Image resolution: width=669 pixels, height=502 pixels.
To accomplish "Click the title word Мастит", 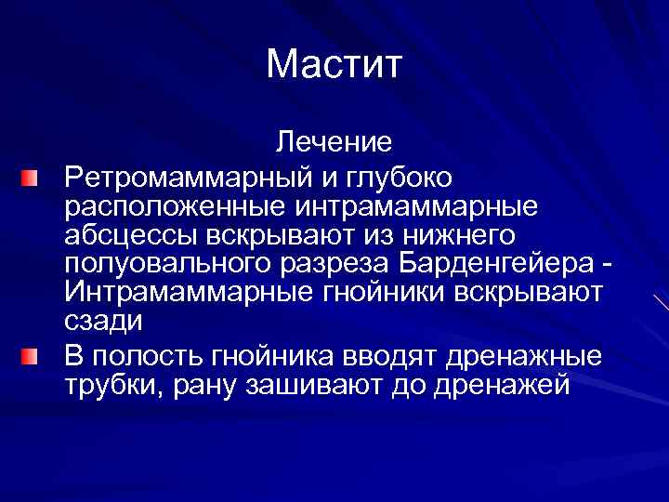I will point(334,65).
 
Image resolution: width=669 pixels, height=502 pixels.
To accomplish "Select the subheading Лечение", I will point(334,143).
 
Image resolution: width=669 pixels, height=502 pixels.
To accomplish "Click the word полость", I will point(154,355).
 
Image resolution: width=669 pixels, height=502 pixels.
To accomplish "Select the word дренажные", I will point(527,355).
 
